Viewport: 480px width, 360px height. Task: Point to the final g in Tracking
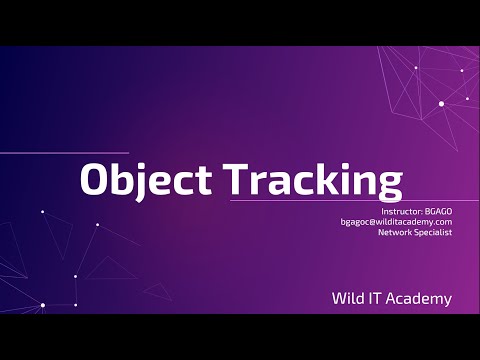pyautogui.click(x=389, y=185)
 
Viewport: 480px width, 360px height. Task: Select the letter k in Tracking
pyautogui.click(x=320, y=179)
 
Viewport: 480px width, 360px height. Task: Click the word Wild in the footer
pyautogui.click(x=350, y=298)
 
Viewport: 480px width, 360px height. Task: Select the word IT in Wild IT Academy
pyautogui.click(x=378, y=298)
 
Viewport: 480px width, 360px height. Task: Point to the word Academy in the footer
pyautogui.click(x=420, y=298)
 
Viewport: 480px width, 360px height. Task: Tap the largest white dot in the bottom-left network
pyautogui.click(x=42, y=305)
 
